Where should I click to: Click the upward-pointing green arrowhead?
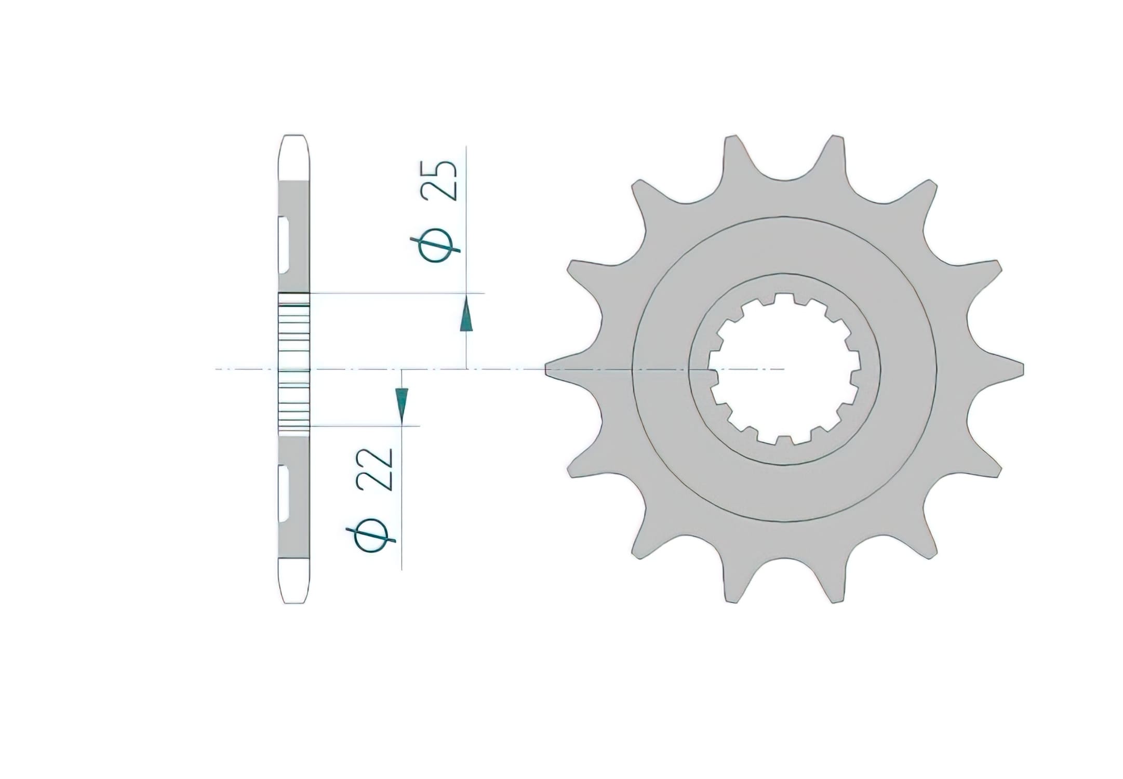[466, 315]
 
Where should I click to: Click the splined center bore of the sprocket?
[784, 369]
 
